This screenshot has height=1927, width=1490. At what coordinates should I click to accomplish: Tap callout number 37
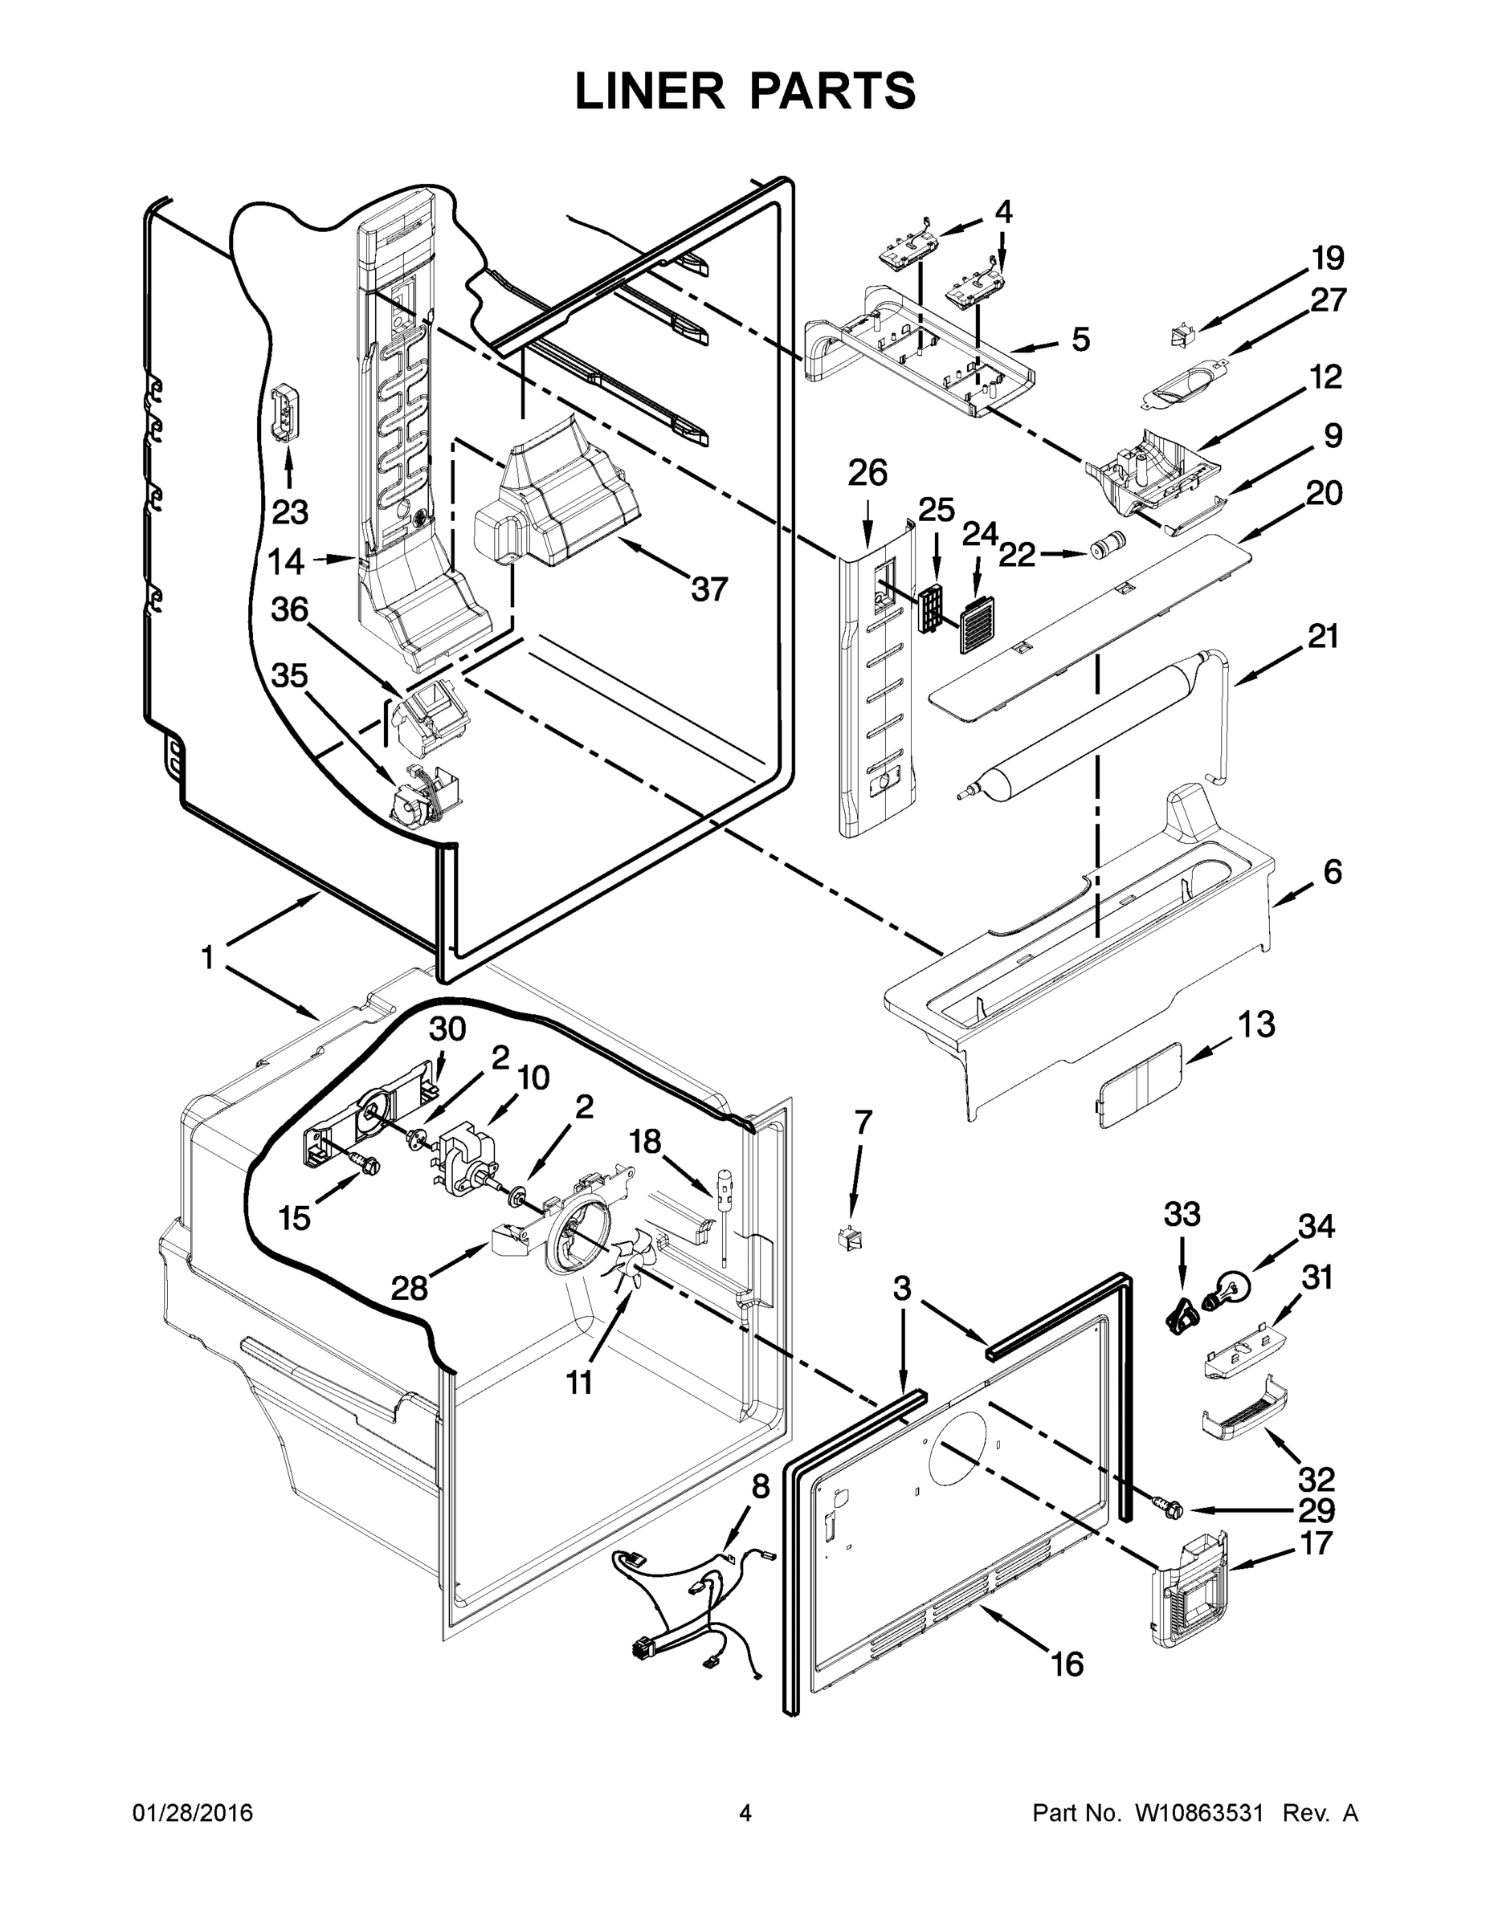pos(708,589)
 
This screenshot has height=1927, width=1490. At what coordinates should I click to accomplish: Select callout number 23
pos(289,511)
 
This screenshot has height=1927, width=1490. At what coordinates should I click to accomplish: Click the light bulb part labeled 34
pos(1233,1284)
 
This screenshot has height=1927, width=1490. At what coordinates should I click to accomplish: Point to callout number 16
pos(1067,1664)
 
